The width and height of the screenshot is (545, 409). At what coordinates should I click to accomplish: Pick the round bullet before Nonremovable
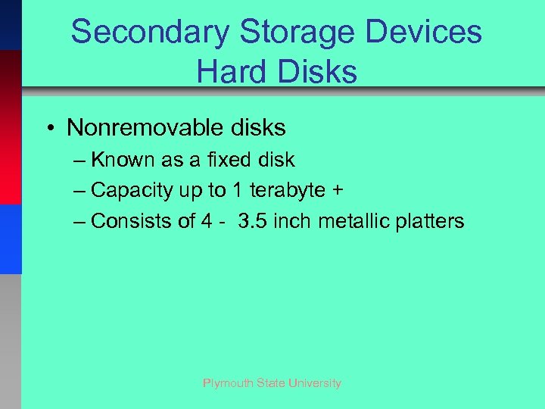(x=48, y=128)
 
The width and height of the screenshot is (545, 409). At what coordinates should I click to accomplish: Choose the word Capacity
(x=132, y=191)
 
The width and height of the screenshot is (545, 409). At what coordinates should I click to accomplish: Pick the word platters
(x=431, y=221)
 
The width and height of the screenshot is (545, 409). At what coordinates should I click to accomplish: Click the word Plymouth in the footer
(x=229, y=383)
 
